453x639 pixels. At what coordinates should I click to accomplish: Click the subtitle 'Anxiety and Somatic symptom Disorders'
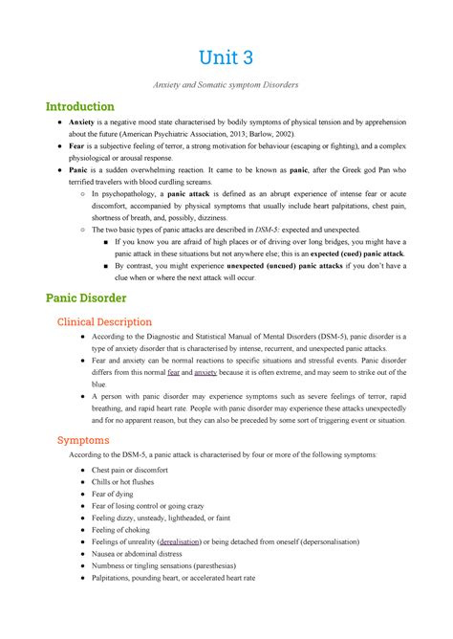click(x=226, y=85)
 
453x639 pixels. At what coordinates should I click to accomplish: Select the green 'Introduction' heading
click(x=80, y=107)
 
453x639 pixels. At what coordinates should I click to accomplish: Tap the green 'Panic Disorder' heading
click(x=89, y=297)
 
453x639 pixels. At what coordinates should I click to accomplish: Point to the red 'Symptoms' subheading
click(x=83, y=440)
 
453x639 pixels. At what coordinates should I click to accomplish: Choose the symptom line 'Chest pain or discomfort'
click(x=129, y=472)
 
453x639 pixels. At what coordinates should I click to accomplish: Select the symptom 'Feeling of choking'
click(x=121, y=527)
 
